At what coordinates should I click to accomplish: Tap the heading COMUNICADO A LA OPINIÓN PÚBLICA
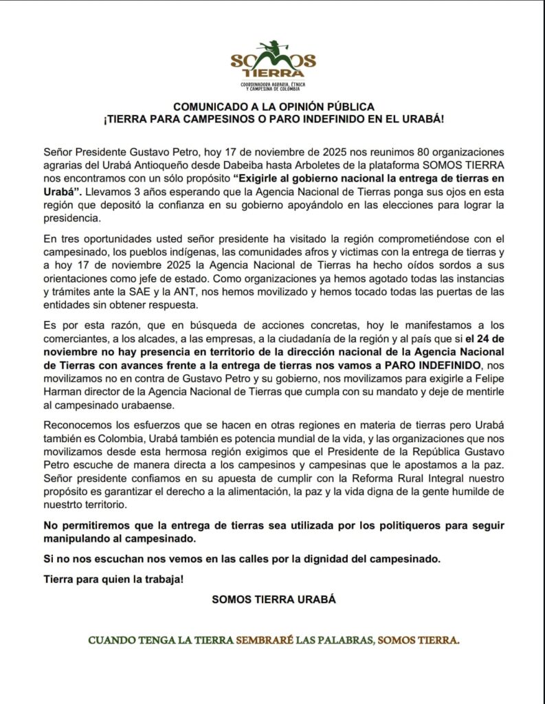(273, 107)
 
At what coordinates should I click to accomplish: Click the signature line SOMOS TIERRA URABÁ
(274, 599)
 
